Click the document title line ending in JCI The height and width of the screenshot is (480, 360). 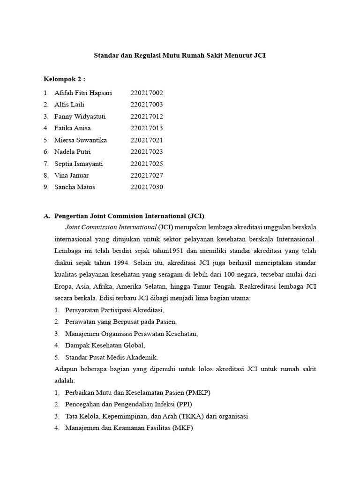coord(180,55)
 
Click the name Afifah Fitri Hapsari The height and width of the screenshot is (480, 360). coord(83,93)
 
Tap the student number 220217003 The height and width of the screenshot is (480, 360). coord(147,105)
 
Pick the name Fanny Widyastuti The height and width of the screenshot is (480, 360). coord(79,116)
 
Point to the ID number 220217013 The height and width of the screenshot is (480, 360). coord(147,128)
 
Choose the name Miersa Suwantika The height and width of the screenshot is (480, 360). coord(81,140)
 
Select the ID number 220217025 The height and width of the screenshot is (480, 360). coord(147,164)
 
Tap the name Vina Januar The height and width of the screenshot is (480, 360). coord(71,175)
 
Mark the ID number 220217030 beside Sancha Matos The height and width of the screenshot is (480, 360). coord(147,187)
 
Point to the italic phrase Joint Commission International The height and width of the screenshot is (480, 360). coord(111,227)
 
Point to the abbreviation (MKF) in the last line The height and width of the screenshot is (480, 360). coord(183,427)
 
